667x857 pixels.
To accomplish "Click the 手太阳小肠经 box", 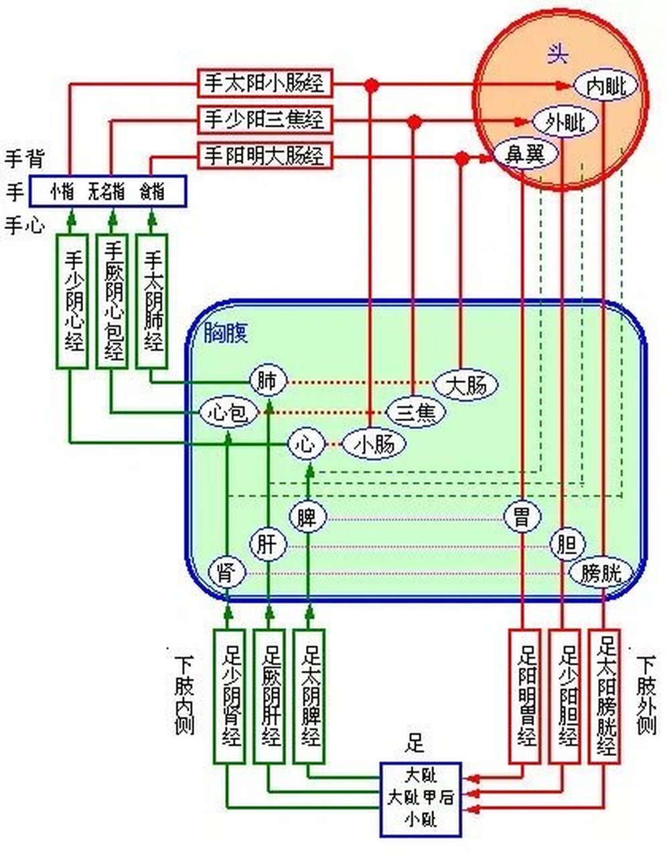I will click(x=264, y=84).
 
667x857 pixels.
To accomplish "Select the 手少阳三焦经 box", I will click(x=264, y=120).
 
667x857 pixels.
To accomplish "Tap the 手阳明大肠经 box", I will click(x=264, y=156).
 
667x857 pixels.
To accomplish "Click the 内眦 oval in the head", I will click(x=606, y=86).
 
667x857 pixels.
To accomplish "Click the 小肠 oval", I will click(x=374, y=444).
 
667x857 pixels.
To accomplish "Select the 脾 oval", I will click(x=307, y=517).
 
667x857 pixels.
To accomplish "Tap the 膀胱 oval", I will click(x=601, y=572).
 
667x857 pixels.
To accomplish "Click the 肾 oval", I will click(x=227, y=573).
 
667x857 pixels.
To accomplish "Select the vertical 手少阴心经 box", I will click(x=72, y=301).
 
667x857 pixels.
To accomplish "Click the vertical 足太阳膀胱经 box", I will click(x=605, y=696).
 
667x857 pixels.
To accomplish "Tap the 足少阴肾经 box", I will click(x=230, y=696).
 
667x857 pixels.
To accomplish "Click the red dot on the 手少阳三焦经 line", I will click(x=415, y=121).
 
